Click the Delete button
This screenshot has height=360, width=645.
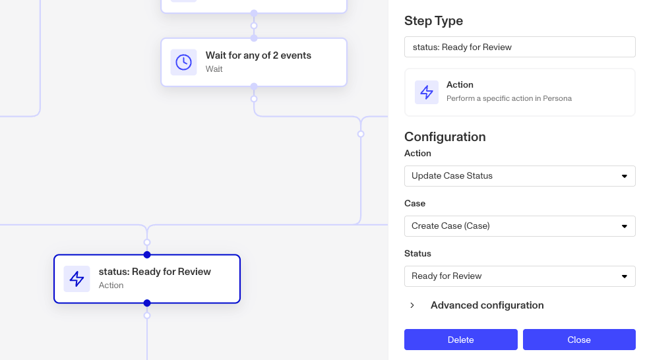(x=461, y=340)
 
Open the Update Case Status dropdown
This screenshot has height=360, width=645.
(x=520, y=176)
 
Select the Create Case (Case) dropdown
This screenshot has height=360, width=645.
(x=520, y=226)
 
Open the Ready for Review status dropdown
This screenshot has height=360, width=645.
(x=520, y=276)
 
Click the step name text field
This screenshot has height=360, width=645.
(x=520, y=47)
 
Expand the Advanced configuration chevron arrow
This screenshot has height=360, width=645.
(x=412, y=305)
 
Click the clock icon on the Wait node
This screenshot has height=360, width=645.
(x=183, y=62)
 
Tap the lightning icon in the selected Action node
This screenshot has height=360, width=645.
(x=77, y=278)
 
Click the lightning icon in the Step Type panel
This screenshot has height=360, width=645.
(x=427, y=92)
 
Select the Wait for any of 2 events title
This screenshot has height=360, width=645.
(x=259, y=55)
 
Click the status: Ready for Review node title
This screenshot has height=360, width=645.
(x=155, y=272)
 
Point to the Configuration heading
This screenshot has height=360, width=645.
(x=445, y=136)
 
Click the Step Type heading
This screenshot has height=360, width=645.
(x=433, y=20)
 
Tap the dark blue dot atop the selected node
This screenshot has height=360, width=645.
(x=147, y=255)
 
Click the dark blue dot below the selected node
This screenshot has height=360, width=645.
(x=147, y=303)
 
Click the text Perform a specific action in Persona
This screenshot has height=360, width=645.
(x=509, y=98)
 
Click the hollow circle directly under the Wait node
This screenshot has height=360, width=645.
(x=254, y=99)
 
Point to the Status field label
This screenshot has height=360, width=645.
(x=417, y=253)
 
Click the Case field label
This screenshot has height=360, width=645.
(x=415, y=203)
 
